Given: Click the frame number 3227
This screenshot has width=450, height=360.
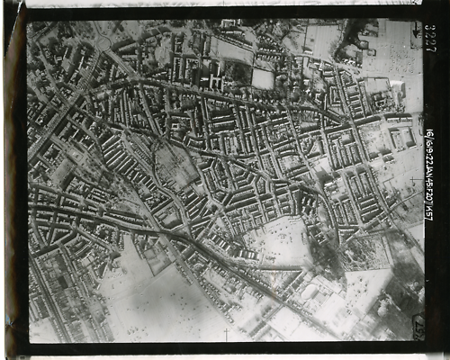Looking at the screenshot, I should pyautogui.click(x=430, y=37).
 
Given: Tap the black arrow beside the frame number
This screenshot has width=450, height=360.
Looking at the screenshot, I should pyautogui.click(x=416, y=35).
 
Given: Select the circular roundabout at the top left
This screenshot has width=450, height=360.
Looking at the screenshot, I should pyautogui.click(x=104, y=42).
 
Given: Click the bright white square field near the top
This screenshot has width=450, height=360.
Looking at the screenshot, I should pyautogui.click(x=263, y=79).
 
